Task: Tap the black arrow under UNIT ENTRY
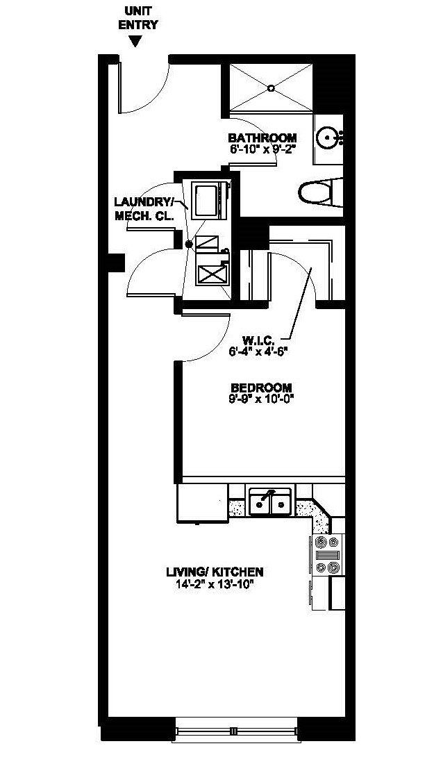pos(137,42)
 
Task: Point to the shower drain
pos(271,88)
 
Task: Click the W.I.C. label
pos(258,341)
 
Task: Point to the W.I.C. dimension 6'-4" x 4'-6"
pos(258,351)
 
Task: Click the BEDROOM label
pos(261,388)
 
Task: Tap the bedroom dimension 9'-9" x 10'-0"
pos(261,398)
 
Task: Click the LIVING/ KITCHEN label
pos(214,572)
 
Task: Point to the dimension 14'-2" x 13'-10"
pos(214,583)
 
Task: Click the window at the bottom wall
pos(236,731)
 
